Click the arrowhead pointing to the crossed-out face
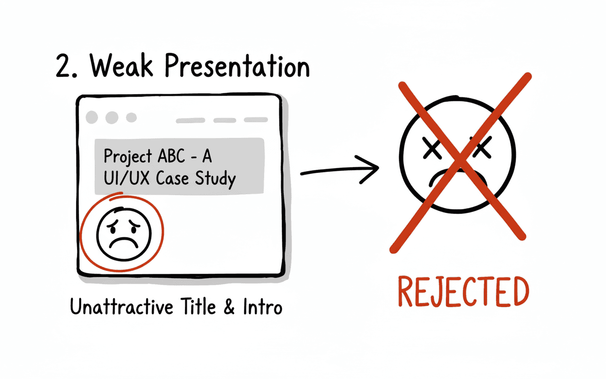coord(372,168)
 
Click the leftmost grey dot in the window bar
coord(92,117)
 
